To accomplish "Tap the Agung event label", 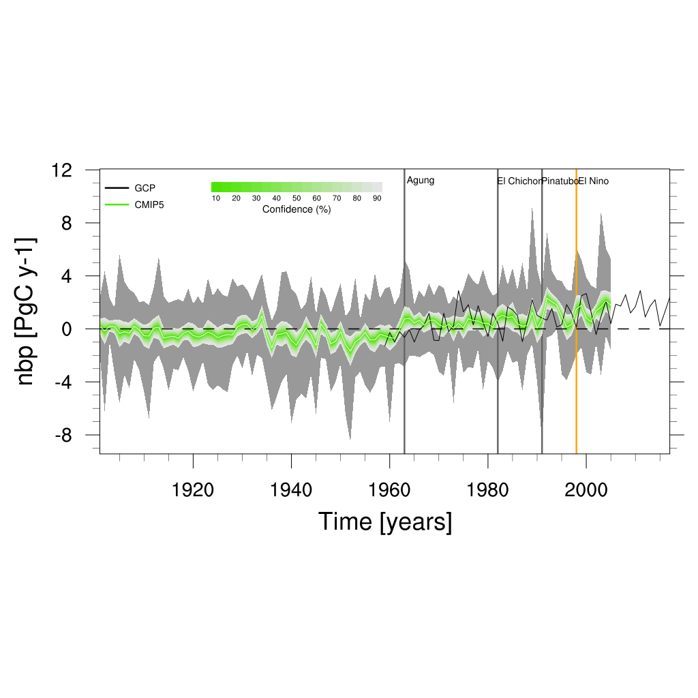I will click(421, 181).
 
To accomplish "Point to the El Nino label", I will click(594, 181).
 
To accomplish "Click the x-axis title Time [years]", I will click(385, 522).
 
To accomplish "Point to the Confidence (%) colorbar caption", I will click(297, 210).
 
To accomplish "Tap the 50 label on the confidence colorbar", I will click(297, 198).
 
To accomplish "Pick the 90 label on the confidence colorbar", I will click(377, 198).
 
